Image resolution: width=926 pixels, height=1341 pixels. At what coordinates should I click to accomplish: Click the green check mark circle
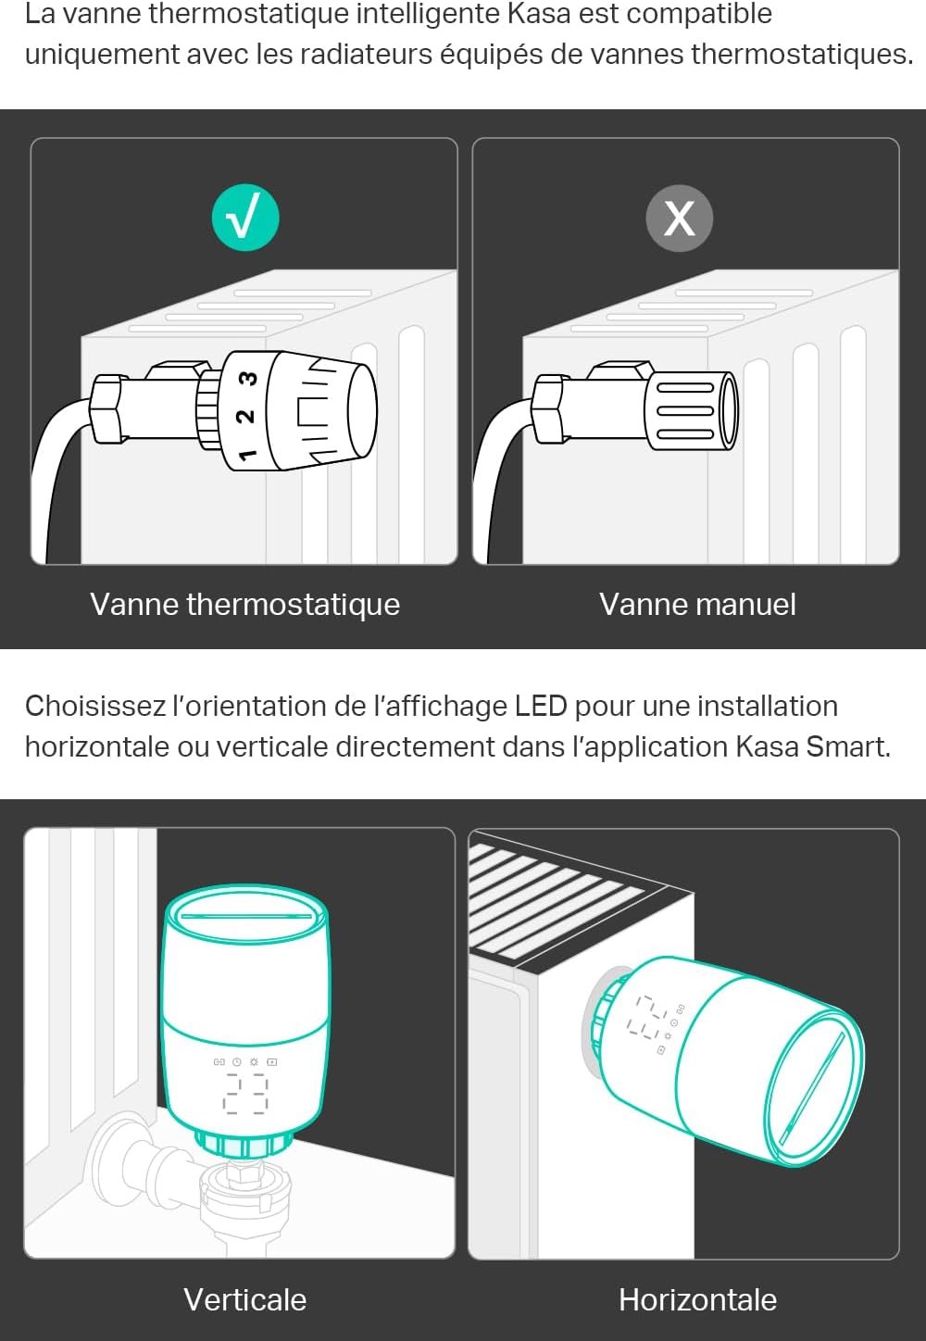coord(245,218)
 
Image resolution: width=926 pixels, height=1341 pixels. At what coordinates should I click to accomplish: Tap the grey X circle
coord(680,218)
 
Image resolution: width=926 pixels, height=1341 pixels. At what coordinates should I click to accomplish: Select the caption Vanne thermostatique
coord(244,604)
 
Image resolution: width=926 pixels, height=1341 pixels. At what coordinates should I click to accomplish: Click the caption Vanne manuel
coord(698,604)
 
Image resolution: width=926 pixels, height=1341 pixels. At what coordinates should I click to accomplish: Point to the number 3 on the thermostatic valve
coord(248,379)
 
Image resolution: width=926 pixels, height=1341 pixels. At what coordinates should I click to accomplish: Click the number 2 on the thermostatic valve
coord(245,416)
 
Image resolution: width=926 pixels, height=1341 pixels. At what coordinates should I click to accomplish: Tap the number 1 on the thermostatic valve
coord(247,455)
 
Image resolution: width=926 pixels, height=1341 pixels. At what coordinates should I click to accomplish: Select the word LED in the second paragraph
coord(541,706)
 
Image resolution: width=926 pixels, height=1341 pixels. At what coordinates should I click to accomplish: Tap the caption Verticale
coord(244,1299)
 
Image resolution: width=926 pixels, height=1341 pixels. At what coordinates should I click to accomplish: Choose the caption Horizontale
coord(698,1299)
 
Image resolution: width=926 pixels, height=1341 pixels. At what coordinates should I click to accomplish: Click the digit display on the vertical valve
coord(245,1093)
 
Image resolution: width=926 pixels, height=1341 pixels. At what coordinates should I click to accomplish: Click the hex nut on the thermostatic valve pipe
coord(108,408)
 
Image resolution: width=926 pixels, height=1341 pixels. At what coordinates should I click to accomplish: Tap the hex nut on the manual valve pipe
coord(550,408)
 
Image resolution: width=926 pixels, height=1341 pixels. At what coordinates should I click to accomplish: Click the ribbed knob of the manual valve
coord(692,410)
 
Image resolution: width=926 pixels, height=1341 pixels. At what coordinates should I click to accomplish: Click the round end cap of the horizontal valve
coord(815,1088)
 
